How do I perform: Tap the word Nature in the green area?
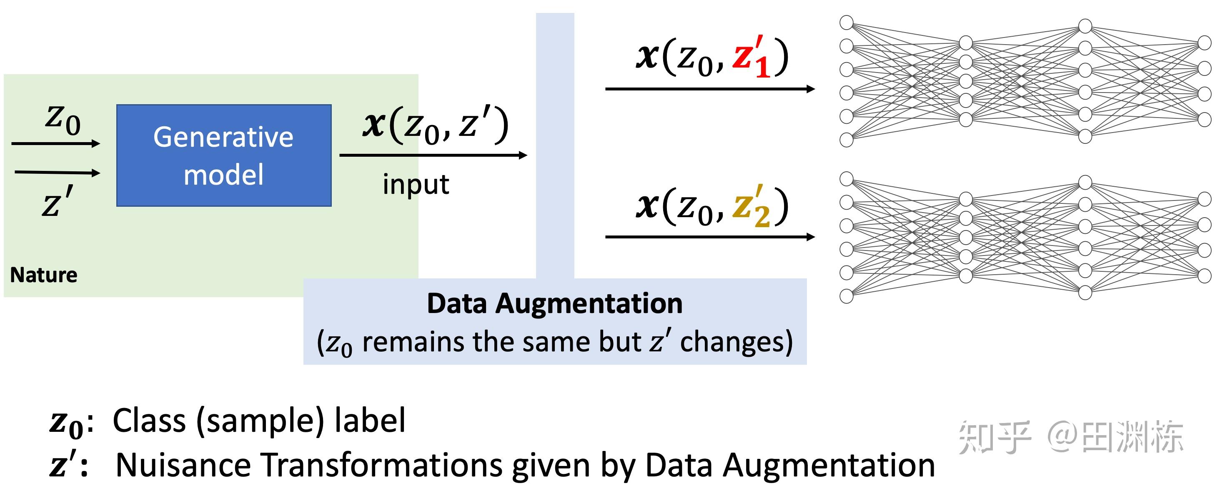click(x=43, y=275)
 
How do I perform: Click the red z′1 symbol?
click(x=751, y=57)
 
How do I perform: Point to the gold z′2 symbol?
click(x=751, y=207)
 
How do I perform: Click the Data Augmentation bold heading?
click(x=554, y=303)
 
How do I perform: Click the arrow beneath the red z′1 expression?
click(x=709, y=89)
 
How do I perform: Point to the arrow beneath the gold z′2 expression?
click(x=709, y=236)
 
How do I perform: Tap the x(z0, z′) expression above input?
click(x=435, y=125)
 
